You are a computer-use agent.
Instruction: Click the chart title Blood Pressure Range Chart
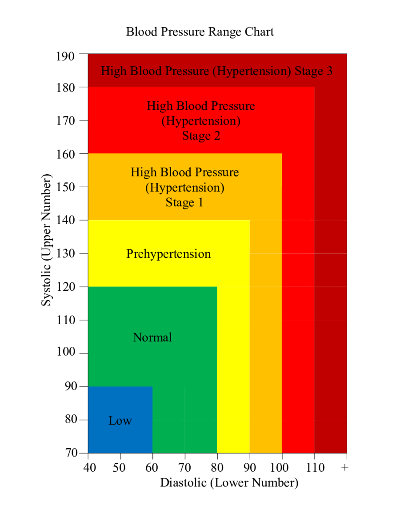tap(200, 32)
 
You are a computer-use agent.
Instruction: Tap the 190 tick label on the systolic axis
tap(66, 56)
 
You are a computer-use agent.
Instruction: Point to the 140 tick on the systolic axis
tap(66, 220)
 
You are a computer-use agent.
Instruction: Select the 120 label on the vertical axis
tap(66, 287)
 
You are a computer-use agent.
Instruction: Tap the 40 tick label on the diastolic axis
tap(88, 467)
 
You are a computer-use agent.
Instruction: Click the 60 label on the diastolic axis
tap(152, 467)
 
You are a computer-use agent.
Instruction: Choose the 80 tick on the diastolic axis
tap(217, 467)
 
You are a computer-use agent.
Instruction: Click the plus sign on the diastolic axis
tap(345, 467)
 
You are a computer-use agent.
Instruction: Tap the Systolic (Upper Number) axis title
tap(47, 240)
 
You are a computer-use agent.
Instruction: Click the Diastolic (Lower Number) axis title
tap(229, 483)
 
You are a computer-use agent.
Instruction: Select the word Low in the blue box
tap(120, 421)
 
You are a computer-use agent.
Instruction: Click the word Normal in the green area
tap(152, 337)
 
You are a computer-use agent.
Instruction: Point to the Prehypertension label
tap(168, 254)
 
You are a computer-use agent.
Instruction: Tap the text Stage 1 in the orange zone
tap(184, 203)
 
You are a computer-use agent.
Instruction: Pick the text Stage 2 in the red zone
tap(201, 136)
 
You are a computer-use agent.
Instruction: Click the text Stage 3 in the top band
tap(314, 71)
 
